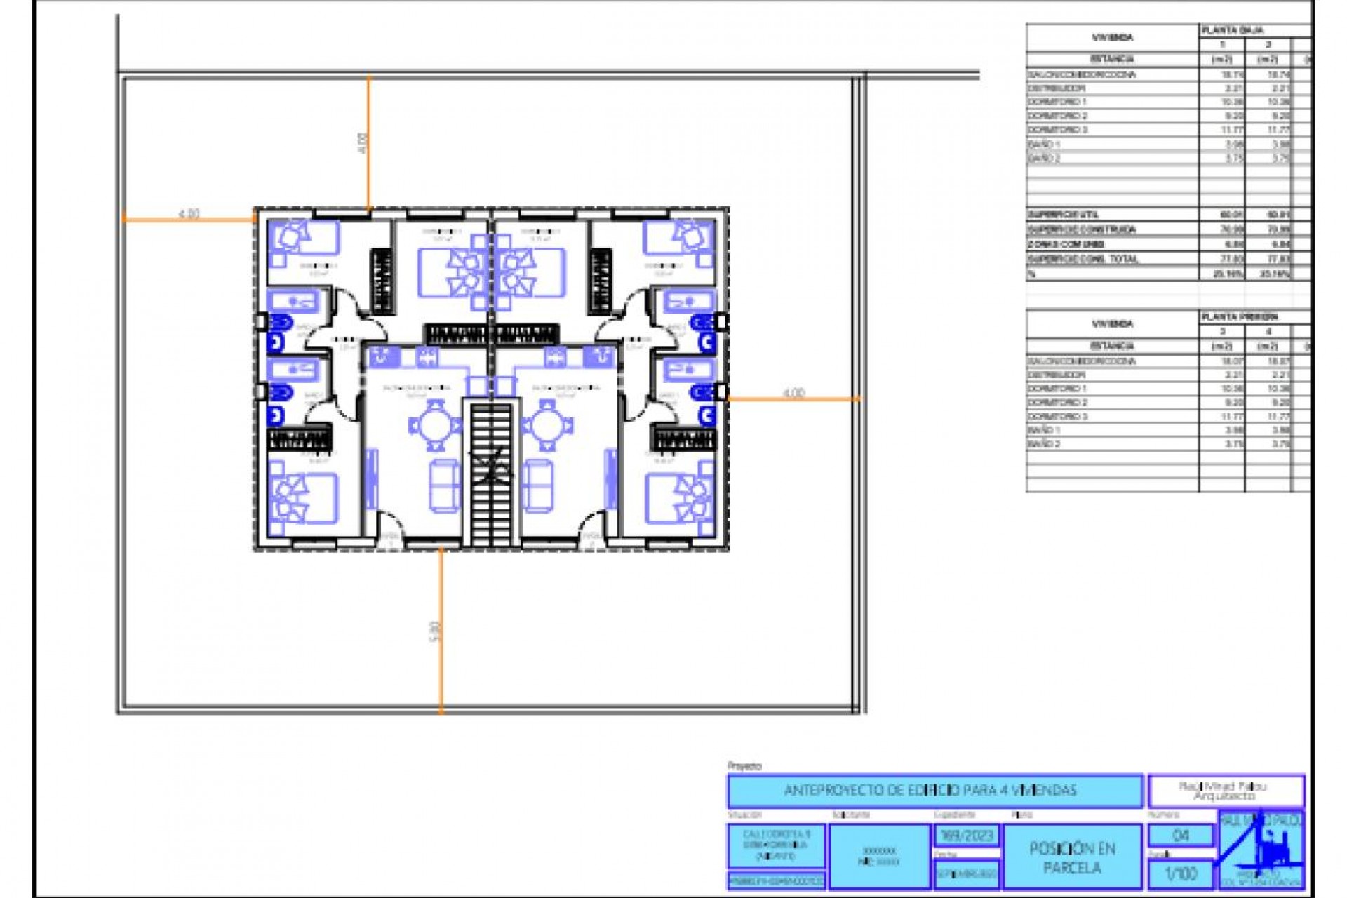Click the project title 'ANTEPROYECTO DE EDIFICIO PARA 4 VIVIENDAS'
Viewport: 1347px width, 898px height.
coord(934,791)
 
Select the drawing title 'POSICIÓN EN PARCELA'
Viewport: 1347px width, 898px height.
coord(1072,857)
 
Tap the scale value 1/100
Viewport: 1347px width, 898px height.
coord(1181,873)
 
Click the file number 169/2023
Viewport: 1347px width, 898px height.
coord(967,836)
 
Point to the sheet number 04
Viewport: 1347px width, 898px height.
coord(1181,835)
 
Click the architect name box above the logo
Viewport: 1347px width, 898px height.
coord(1226,791)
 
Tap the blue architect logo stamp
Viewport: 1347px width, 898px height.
coord(1261,850)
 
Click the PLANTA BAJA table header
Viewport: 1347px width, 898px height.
coord(1233,30)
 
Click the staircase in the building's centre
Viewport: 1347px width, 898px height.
coord(491,474)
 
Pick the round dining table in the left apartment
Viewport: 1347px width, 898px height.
coord(435,425)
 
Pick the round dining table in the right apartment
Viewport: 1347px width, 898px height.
coord(548,425)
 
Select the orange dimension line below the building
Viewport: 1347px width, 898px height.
coord(441,631)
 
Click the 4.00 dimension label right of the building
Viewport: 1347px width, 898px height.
coord(793,393)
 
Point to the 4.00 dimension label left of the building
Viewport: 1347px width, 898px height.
coord(189,213)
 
